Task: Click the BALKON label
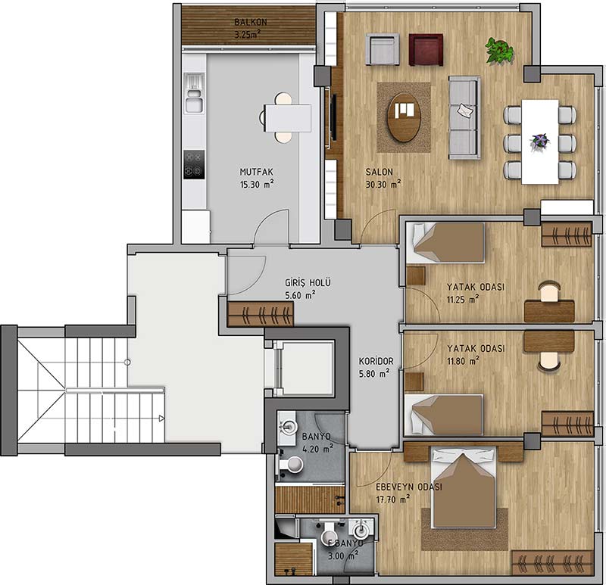(251, 23)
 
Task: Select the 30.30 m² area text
(383, 184)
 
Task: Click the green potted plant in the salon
(499, 50)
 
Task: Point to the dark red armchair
(426, 50)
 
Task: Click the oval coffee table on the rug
(405, 117)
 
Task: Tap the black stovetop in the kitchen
(194, 164)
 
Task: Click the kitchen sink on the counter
(194, 93)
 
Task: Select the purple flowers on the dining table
(540, 141)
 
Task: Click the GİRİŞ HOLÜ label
(308, 282)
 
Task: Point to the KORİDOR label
(376, 362)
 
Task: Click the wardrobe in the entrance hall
(261, 314)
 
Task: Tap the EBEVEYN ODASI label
(409, 487)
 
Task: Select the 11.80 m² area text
(464, 361)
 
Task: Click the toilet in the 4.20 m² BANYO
(292, 464)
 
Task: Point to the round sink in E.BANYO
(361, 531)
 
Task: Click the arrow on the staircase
(161, 419)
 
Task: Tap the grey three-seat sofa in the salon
(464, 118)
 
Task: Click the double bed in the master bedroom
(464, 487)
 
